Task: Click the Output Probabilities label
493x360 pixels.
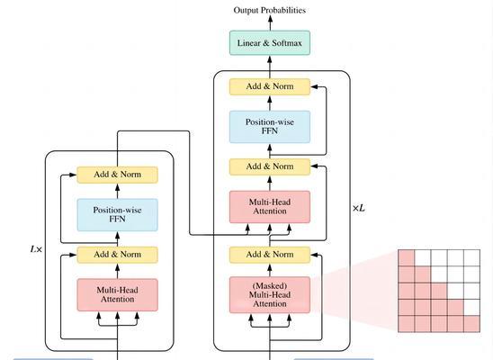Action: [x=270, y=11]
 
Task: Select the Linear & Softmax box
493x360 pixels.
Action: [x=270, y=43]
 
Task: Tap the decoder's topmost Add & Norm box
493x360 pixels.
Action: [x=270, y=86]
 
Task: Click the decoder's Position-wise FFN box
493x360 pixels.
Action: [x=270, y=127]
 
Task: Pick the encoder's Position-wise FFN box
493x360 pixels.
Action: [x=117, y=215]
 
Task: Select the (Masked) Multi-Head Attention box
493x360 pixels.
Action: [x=270, y=295]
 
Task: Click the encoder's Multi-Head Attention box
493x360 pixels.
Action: [x=117, y=295]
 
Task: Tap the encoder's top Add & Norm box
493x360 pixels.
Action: [x=117, y=175]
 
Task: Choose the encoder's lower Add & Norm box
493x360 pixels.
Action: [x=117, y=255]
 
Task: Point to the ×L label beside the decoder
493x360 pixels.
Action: [x=359, y=208]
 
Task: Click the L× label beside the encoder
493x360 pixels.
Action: [x=36, y=249]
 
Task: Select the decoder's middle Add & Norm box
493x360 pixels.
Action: [x=270, y=166]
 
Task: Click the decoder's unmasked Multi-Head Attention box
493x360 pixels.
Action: [x=270, y=207]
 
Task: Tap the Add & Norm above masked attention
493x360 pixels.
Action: [x=270, y=255]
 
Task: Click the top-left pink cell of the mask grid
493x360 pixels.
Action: [x=407, y=257]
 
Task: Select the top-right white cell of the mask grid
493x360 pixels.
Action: [x=472, y=257]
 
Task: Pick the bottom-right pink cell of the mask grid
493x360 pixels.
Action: [x=472, y=324]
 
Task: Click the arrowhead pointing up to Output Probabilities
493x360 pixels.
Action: [x=270, y=18]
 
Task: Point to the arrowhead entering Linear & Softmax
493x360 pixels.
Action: [x=270, y=59]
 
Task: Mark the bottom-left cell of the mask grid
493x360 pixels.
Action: [x=407, y=324]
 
